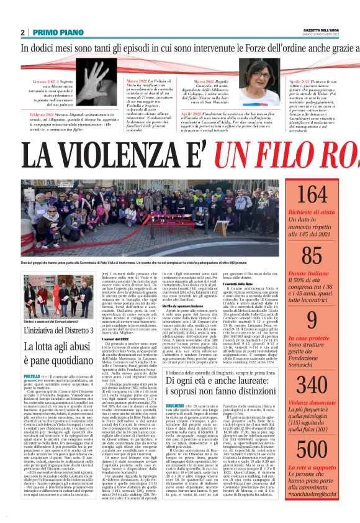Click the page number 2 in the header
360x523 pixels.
pos(23,32)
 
